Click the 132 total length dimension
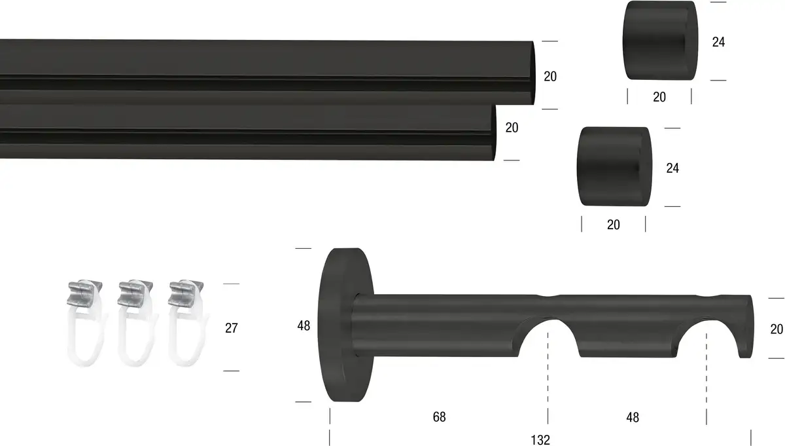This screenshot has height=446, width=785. (540, 440)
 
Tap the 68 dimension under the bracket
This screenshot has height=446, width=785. (439, 417)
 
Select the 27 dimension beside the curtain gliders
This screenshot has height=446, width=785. (232, 328)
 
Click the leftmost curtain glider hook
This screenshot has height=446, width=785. (85, 323)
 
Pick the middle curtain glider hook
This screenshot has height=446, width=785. (136, 323)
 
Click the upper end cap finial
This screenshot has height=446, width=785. (660, 41)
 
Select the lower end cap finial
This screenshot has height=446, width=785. (615, 167)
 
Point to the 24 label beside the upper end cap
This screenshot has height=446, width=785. (718, 42)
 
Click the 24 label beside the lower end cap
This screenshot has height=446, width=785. (672, 168)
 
